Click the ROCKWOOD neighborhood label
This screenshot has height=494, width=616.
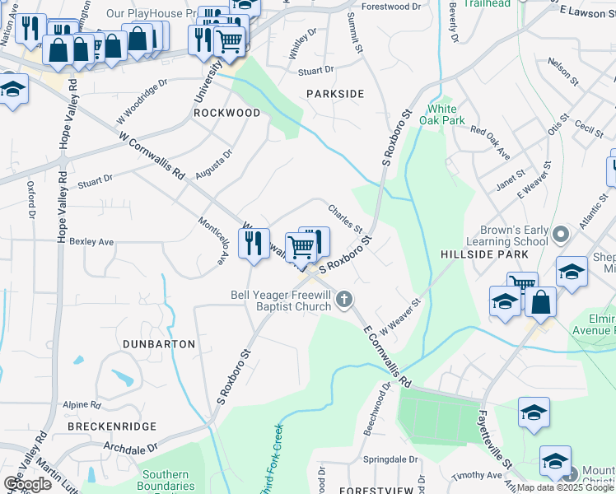tap(226, 113)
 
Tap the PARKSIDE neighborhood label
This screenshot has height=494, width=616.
tap(335, 94)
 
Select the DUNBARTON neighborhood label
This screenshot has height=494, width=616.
tap(159, 343)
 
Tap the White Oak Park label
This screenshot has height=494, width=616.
tap(441, 114)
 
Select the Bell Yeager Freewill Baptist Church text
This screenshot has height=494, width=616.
tap(280, 301)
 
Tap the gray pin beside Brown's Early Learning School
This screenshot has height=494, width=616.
tap(561, 235)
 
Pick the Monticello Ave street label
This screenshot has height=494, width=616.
tap(212, 240)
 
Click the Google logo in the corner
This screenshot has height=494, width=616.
tap(28, 484)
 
